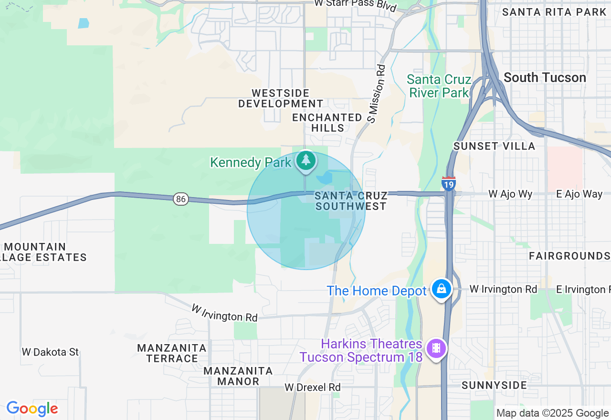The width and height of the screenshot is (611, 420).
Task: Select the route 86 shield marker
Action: (x=180, y=199)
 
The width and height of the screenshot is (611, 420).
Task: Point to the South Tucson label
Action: (x=545, y=77)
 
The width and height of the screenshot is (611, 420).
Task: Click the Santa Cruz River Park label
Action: (x=439, y=86)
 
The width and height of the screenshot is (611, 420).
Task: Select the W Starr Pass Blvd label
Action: (x=355, y=6)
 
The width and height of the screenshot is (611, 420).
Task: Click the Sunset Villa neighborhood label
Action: (x=494, y=146)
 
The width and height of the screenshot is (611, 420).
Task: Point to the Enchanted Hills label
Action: (x=327, y=123)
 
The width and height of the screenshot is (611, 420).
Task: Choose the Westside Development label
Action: (x=281, y=98)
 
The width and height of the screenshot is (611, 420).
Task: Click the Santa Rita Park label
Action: (x=554, y=12)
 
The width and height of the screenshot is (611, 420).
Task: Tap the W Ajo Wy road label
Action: (x=510, y=194)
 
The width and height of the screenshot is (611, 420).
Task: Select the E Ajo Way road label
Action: (x=579, y=194)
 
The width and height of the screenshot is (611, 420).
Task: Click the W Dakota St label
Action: (x=50, y=352)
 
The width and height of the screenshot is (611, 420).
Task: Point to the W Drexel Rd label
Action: (x=313, y=387)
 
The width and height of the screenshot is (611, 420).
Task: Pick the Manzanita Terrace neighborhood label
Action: (x=172, y=353)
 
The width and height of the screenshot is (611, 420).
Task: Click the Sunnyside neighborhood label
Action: (x=494, y=385)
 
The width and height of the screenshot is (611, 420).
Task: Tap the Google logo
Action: (x=32, y=409)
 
